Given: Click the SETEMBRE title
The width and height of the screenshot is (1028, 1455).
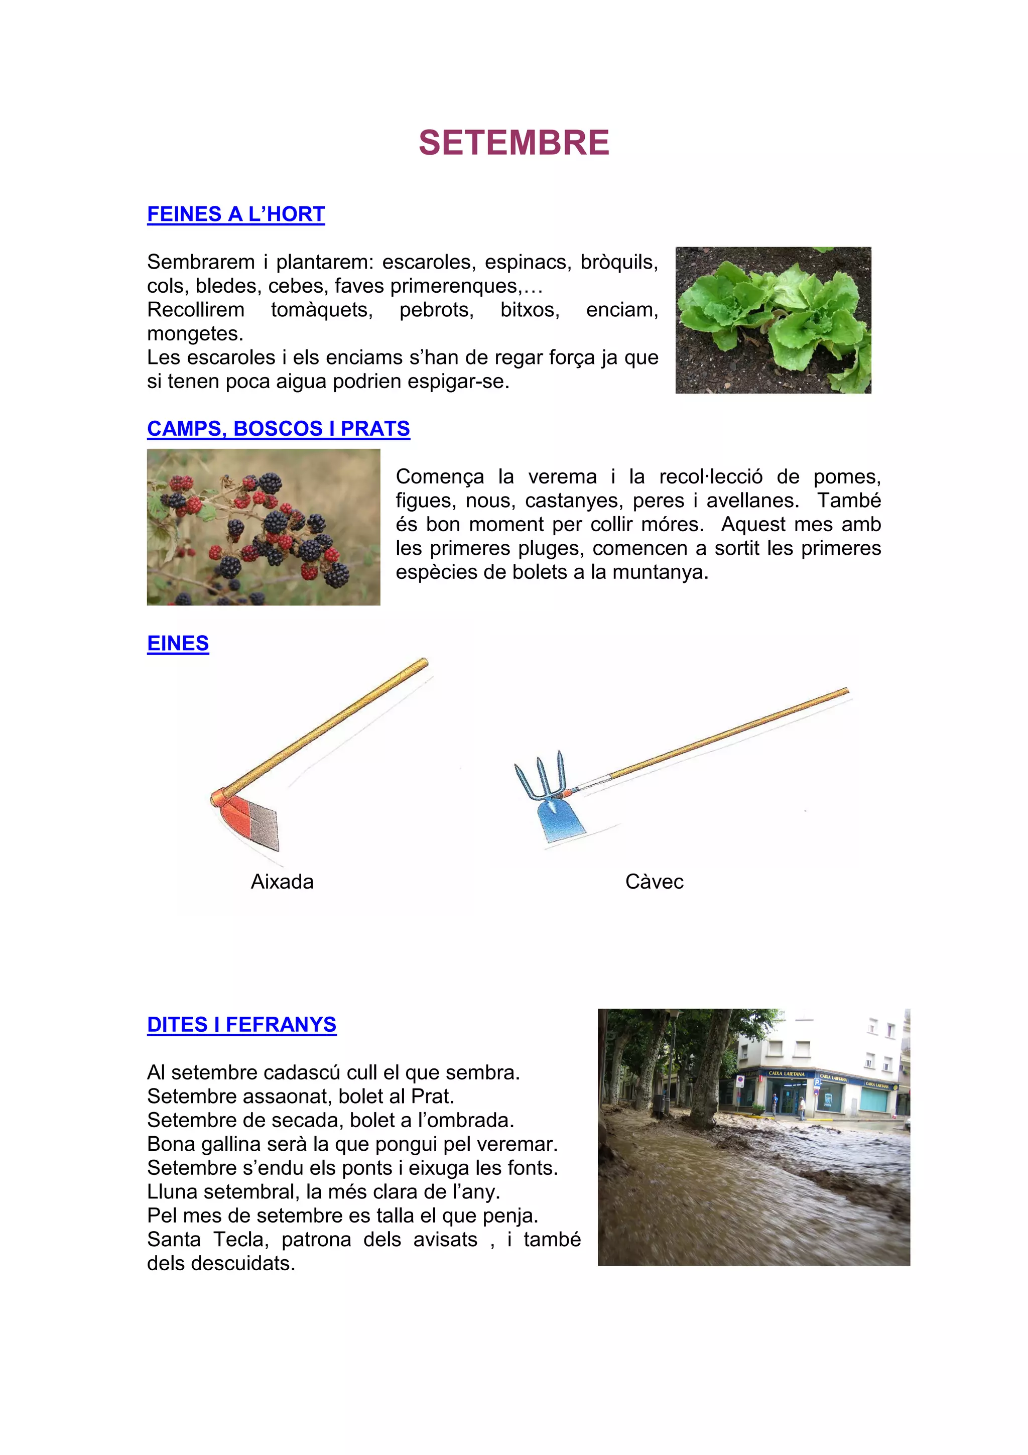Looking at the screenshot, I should tap(513, 143).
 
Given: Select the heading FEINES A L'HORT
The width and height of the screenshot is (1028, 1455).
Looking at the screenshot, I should tap(235, 214).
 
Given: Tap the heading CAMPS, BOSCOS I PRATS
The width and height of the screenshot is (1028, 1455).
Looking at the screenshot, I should tap(278, 429).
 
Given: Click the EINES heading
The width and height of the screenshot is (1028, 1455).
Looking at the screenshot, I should tap(178, 643).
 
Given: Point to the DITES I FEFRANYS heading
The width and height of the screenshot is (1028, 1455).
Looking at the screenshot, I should tap(241, 1025).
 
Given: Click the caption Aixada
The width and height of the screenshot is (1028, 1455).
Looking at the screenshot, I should tap(282, 882).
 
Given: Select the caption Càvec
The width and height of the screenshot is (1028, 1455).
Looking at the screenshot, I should tap(655, 882).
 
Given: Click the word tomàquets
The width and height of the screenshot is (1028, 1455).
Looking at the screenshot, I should tap(322, 310).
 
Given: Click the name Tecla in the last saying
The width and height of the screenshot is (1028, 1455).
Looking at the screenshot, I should tap(241, 1240).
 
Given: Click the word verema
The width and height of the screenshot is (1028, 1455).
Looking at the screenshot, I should tap(562, 476).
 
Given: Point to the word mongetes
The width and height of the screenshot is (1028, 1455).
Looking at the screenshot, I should tap(194, 334).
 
